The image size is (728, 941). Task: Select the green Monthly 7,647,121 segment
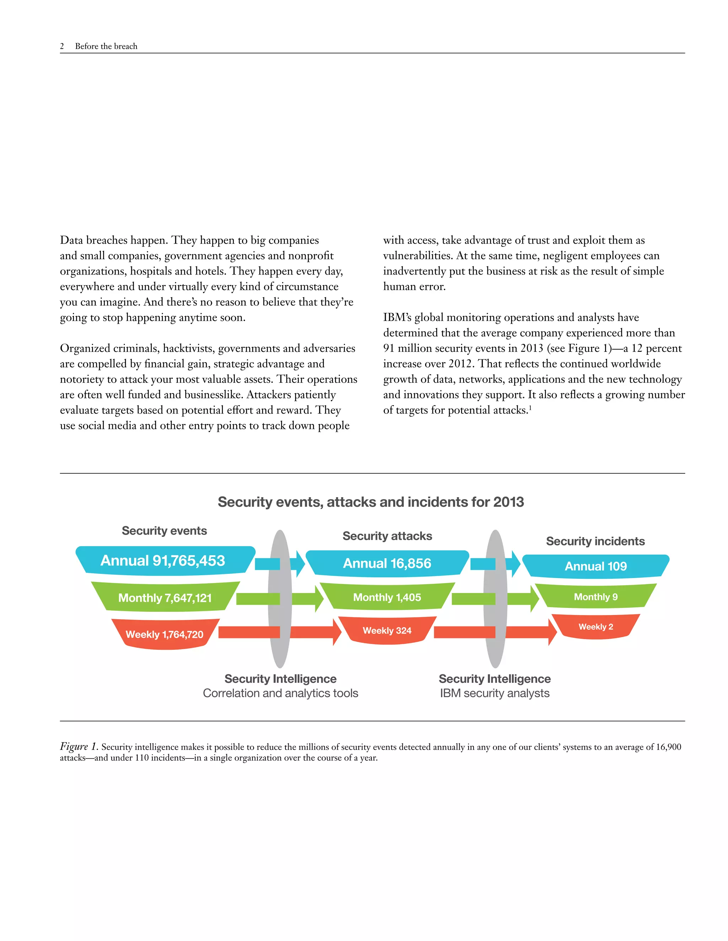tap(165, 598)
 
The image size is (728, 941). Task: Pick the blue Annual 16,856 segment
tap(387, 563)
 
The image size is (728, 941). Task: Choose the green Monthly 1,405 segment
tap(387, 597)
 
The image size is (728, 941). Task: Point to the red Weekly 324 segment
tap(387, 630)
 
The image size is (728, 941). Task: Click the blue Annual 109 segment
tap(596, 566)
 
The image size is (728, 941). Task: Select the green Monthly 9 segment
tap(596, 597)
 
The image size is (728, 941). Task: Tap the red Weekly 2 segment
tap(596, 626)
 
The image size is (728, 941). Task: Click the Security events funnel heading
tap(164, 531)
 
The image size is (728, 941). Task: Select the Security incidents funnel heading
tap(595, 541)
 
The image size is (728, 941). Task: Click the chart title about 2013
tap(370, 502)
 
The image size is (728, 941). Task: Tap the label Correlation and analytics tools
tap(280, 693)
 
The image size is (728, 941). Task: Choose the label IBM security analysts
tap(495, 693)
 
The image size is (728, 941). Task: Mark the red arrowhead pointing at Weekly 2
tap(552, 632)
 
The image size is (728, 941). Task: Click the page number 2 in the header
tap(62, 46)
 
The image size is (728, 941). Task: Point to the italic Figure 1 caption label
tap(79, 746)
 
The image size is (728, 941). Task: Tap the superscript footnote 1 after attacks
tap(530, 407)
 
